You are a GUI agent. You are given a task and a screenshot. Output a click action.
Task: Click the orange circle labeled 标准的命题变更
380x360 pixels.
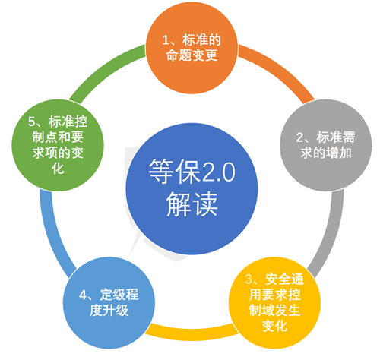click(x=192, y=48)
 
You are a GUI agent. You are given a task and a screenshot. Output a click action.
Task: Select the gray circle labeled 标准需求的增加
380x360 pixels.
click(x=325, y=145)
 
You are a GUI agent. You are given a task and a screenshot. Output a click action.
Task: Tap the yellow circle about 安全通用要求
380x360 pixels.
click(x=274, y=303)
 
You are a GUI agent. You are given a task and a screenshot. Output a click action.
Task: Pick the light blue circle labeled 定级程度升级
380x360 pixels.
click(x=109, y=303)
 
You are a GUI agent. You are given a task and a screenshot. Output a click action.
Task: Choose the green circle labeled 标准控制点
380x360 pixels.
click(x=58, y=145)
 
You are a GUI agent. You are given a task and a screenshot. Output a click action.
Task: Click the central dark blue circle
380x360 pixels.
click(x=192, y=189)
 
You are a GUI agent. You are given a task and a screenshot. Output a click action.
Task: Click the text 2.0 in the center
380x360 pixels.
click(x=220, y=173)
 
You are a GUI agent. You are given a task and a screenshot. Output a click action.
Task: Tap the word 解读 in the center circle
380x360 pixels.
click(x=192, y=204)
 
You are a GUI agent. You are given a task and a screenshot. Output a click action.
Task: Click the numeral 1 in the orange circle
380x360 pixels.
click(x=165, y=40)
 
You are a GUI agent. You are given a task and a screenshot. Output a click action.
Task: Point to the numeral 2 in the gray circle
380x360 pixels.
click(x=299, y=137)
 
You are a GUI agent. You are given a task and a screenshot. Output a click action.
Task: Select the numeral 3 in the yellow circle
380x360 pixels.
click(x=249, y=279)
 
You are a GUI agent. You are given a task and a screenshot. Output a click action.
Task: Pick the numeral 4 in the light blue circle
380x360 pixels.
click(x=83, y=295)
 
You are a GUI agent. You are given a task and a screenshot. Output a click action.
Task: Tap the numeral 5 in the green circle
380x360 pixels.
click(x=31, y=122)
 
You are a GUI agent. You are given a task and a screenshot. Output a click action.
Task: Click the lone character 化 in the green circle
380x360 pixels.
click(x=58, y=169)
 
